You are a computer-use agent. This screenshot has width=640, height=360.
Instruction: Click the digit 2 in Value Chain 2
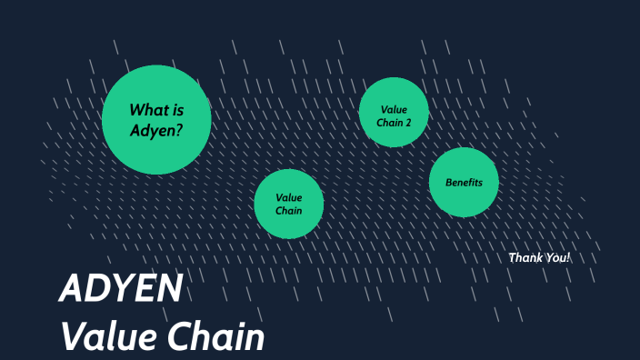(x=408, y=121)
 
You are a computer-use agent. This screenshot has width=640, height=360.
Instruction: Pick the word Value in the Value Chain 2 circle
(x=395, y=109)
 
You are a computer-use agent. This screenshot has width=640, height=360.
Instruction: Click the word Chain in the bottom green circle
(x=289, y=210)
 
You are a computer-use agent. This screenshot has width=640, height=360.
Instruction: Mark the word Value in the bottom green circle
(x=289, y=197)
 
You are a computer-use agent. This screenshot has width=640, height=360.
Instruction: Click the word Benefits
(x=464, y=183)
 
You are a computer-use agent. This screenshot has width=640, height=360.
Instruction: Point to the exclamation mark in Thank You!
(x=568, y=257)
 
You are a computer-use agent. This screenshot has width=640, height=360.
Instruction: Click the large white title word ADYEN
(x=121, y=289)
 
